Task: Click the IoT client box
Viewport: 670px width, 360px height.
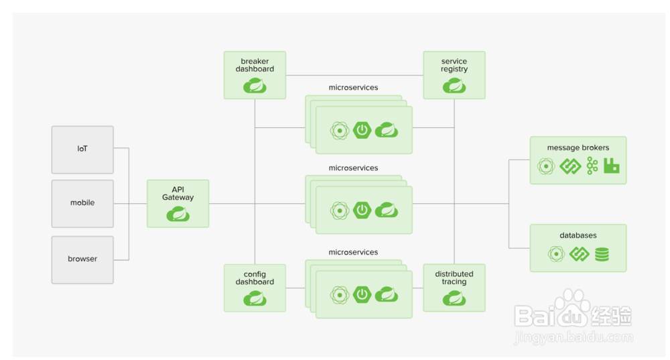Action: (82, 148)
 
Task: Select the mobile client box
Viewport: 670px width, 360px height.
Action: (82, 202)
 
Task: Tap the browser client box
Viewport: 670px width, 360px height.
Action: (82, 259)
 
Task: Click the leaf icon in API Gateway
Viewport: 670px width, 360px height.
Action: (178, 214)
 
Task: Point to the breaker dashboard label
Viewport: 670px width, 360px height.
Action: (255, 65)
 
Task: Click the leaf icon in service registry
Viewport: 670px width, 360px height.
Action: (454, 86)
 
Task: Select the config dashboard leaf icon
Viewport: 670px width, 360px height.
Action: (255, 298)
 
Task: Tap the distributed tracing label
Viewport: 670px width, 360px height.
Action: (454, 278)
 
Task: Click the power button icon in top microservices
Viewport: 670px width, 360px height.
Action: (362, 130)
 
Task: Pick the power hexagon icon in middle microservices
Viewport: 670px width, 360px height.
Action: (362, 210)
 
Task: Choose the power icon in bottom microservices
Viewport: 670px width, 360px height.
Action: (362, 294)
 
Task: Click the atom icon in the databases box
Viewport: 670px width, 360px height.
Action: (556, 254)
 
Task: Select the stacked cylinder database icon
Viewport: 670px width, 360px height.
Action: (602, 254)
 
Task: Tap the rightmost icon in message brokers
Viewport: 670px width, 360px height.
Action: (611, 166)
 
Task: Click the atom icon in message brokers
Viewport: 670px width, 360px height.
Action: (546, 166)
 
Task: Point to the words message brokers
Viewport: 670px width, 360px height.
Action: (578, 147)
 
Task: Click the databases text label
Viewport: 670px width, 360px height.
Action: (578, 235)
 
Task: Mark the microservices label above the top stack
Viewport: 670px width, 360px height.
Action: (353, 88)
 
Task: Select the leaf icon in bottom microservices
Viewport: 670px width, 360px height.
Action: (387, 294)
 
